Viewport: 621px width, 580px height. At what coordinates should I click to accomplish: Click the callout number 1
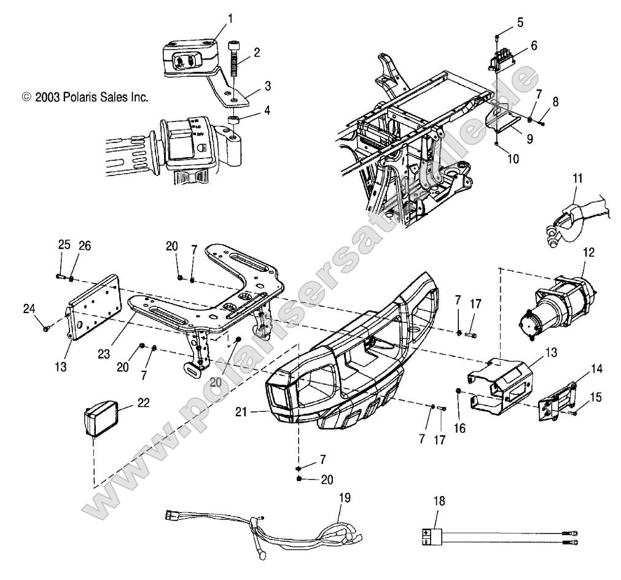(x=230, y=19)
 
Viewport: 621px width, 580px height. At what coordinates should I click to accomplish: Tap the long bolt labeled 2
(x=235, y=60)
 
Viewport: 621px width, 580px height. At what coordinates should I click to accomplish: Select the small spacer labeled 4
(x=233, y=118)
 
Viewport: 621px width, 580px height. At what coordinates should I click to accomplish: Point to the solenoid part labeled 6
(x=502, y=53)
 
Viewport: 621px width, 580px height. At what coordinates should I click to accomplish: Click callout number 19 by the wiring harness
(x=344, y=480)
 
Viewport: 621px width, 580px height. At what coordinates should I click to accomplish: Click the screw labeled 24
(x=47, y=328)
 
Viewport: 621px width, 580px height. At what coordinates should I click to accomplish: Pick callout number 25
(x=64, y=245)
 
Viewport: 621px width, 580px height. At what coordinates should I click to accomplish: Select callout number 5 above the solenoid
(x=520, y=23)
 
